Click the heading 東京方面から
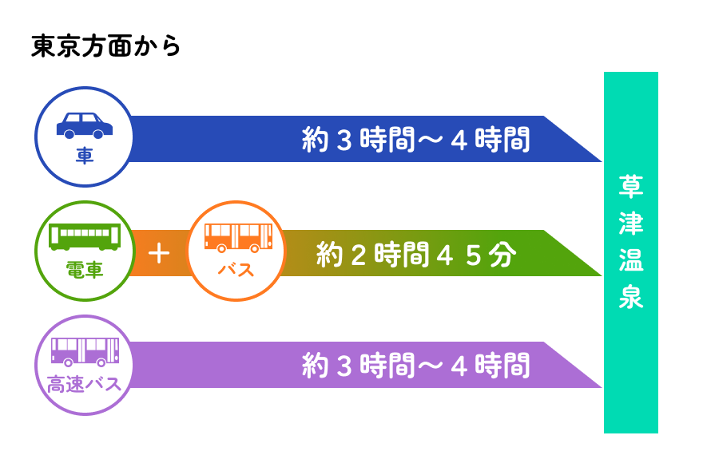click(105, 46)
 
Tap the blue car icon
click(85, 125)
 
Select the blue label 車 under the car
click(85, 156)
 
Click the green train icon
click(85, 237)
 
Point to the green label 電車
click(85, 270)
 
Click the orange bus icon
click(238, 238)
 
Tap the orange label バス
click(236, 270)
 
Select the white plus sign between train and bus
click(159, 254)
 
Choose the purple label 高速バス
click(85, 385)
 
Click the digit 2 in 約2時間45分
click(359, 255)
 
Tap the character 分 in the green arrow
click(502, 255)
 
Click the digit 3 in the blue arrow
click(344, 140)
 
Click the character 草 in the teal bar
click(631, 186)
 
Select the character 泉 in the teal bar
click(631, 296)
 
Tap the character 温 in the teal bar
click(631, 259)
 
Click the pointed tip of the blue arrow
click(602, 161)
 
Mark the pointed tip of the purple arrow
click(602, 387)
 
